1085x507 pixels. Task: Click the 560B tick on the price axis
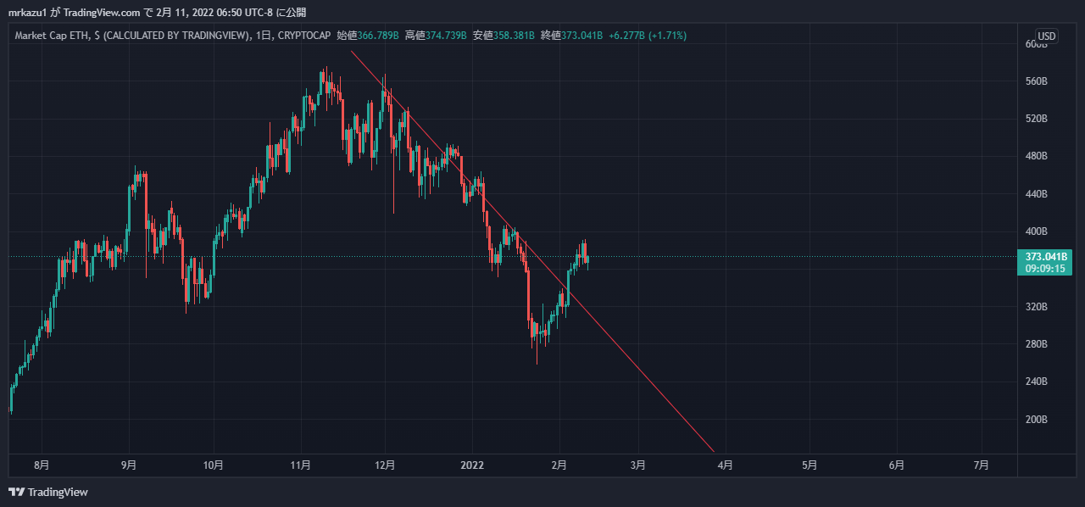[1037, 81]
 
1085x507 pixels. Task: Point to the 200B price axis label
[1037, 420]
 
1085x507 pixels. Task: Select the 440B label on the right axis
[1037, 194]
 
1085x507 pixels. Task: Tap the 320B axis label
[1037, 307]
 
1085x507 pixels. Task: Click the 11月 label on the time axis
[300, 465]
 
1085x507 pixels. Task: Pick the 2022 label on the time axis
[471, 465]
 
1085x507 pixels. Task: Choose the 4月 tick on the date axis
[725, 465]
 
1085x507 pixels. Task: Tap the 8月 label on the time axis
[41, 465]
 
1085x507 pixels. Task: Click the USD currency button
[1047, 36]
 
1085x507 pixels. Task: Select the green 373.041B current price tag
[1044, 257]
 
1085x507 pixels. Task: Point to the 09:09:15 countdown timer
[1044, 268]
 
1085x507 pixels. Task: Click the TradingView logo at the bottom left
[48, 492]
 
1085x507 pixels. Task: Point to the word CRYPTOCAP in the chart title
[305, 36]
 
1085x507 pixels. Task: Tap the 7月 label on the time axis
[981, 465]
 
